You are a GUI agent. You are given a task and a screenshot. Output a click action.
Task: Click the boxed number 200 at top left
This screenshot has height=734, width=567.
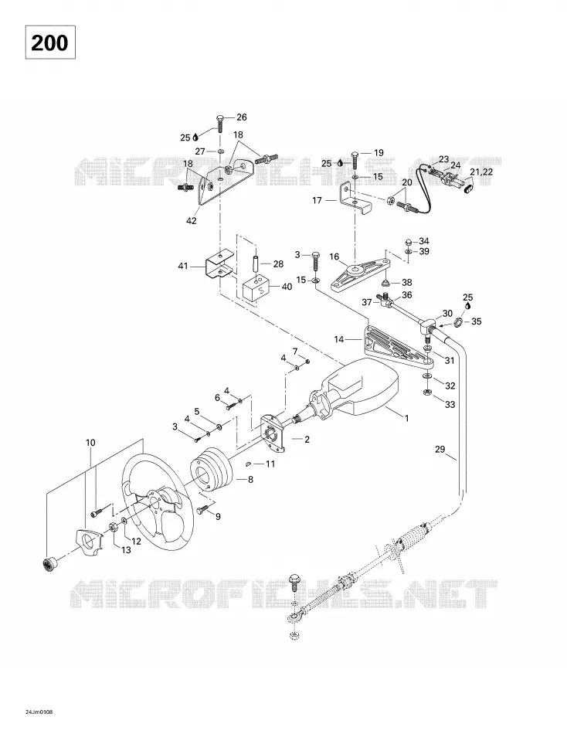[x=50, y=42]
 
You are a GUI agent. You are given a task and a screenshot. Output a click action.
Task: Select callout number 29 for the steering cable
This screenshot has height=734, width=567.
[x=440, y=450]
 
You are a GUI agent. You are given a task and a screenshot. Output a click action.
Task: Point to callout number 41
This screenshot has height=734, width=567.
[x=182, y=266]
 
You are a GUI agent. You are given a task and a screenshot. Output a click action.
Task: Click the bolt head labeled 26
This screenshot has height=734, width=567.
[x=220, y=117]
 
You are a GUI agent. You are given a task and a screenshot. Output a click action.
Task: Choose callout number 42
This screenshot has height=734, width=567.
[x=192, y=220]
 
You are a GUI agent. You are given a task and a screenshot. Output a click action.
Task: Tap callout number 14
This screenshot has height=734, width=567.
[x=339, y=339]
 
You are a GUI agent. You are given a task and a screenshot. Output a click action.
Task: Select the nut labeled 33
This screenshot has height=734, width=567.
[x=427, y=392]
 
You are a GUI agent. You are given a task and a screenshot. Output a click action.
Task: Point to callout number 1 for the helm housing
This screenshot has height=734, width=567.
[x=407, y=418]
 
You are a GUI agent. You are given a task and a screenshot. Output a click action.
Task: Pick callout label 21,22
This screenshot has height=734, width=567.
[x=481, y=172]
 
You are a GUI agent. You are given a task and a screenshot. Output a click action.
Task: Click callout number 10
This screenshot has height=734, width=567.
[x=90, y=443]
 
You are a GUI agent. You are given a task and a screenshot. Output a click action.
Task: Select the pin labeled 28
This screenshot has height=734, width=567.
[x=256, y=263]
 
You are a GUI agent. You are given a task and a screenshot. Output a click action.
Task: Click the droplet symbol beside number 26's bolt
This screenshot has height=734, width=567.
[x=195, y=138]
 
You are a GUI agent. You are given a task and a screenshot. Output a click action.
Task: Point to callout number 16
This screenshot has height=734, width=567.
[x=334, y=257]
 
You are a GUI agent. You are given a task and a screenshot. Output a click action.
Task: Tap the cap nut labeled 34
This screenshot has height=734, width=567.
[x=409, y=242]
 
